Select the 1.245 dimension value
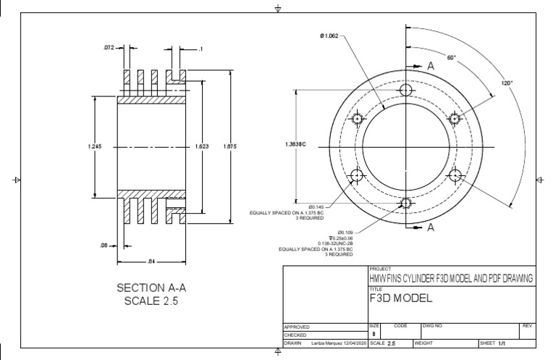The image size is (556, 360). (94, 146)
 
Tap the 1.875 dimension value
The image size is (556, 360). (230, 146)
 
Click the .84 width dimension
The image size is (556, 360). (151, 261)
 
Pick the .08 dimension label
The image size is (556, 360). (104, 245)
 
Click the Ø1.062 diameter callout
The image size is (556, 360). (327, 35)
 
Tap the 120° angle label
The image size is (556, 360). (507, 83)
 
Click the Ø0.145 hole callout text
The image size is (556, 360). (316, 206)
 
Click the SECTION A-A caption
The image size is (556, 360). (151, 288)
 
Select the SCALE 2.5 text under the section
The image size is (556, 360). (151, 301)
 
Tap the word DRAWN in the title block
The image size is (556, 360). (293, 343)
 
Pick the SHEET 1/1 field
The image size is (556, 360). (492, 343)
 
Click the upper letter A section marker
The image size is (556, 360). (430, 66)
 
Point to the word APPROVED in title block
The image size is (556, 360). (297, 327)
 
